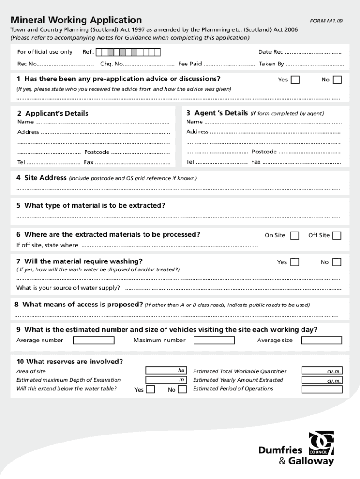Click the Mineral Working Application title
point(76,20)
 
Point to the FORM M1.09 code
point(326,21)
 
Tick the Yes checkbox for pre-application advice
point(295,80)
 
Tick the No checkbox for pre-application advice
point(337,80)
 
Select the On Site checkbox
point(295,236)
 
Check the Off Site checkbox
point(337,236)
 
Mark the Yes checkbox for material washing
point(295,262)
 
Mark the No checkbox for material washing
point(337,262)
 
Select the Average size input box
point(321,341)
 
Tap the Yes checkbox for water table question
point(151,390)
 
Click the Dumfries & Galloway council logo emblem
point(321,443)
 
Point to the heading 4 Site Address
point(42,178)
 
